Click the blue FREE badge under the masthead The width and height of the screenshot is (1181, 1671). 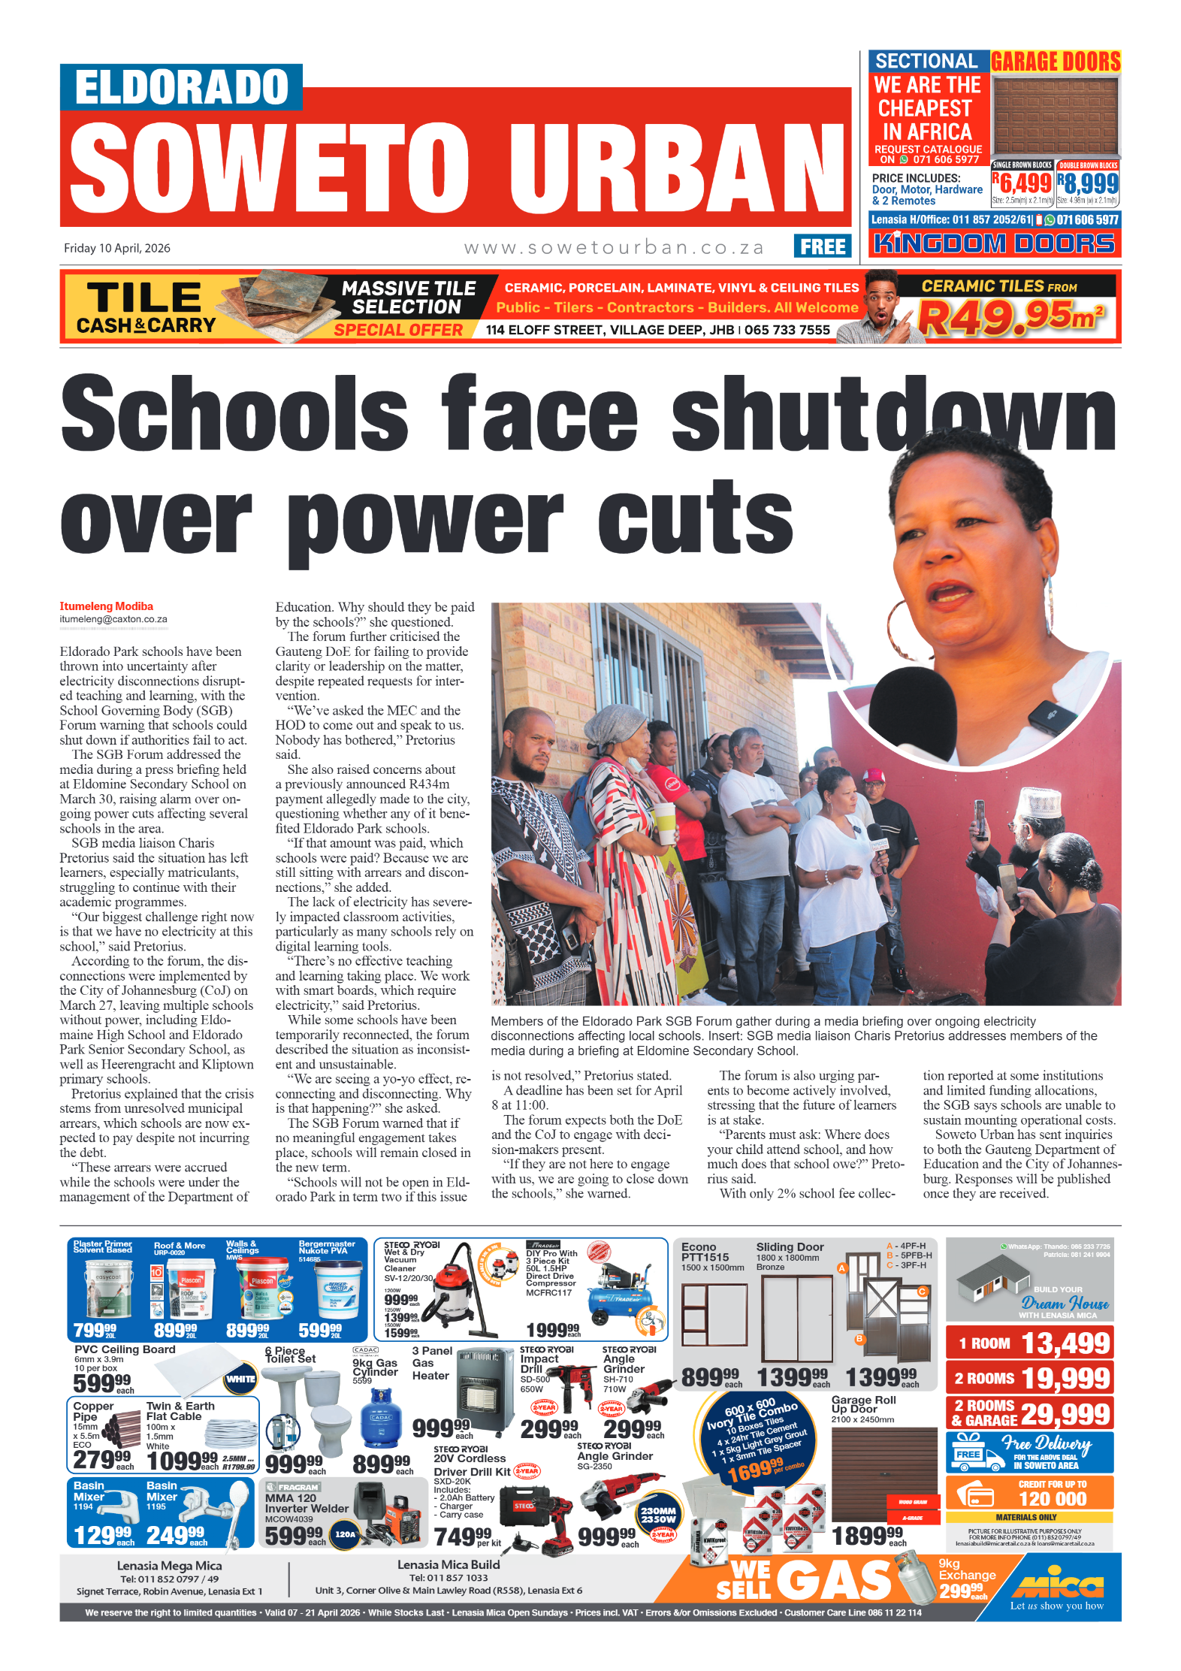822,246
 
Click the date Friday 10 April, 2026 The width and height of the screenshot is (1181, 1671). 117,248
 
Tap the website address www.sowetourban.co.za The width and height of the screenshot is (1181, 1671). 614,248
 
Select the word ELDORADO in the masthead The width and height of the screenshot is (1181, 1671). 182,87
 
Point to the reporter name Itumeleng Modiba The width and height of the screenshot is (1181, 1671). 107,606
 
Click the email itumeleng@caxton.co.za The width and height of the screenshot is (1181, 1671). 113,620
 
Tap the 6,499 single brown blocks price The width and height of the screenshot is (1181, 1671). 1023,183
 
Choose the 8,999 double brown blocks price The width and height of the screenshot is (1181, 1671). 1089,183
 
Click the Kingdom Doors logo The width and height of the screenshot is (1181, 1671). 995,243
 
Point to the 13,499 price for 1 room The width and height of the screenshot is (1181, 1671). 1065,1343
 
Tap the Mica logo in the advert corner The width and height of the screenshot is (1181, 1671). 1057,1585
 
